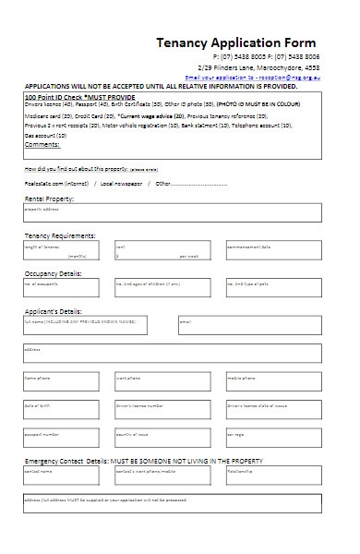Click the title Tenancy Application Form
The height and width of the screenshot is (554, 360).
[236, 43]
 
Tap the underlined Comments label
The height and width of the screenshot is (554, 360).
[42, 145]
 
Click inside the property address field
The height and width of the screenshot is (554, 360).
[173, 213]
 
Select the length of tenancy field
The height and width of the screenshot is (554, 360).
[65, 251]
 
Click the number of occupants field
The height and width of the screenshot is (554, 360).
[65, 288]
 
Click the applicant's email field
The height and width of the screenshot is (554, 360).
[249, 326]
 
